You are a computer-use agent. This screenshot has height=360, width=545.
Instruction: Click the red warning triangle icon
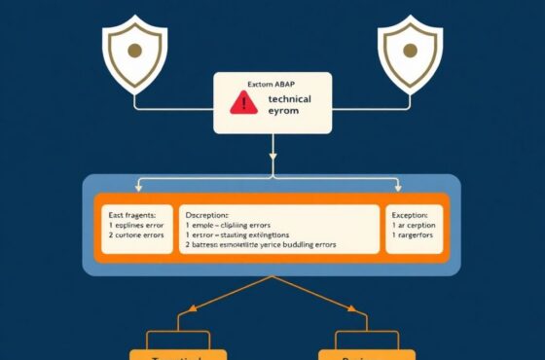tap(243, 103)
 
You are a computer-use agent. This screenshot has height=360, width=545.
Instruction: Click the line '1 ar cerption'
tap(413, 225)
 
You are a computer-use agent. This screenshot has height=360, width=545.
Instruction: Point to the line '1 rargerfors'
tap(413, 236)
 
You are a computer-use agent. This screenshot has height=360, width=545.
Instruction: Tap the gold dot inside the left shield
tap(134, 49)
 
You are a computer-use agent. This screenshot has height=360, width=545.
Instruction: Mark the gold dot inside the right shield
tap(410, 49)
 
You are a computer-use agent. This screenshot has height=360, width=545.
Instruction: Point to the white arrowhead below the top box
tap(272, 156)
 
